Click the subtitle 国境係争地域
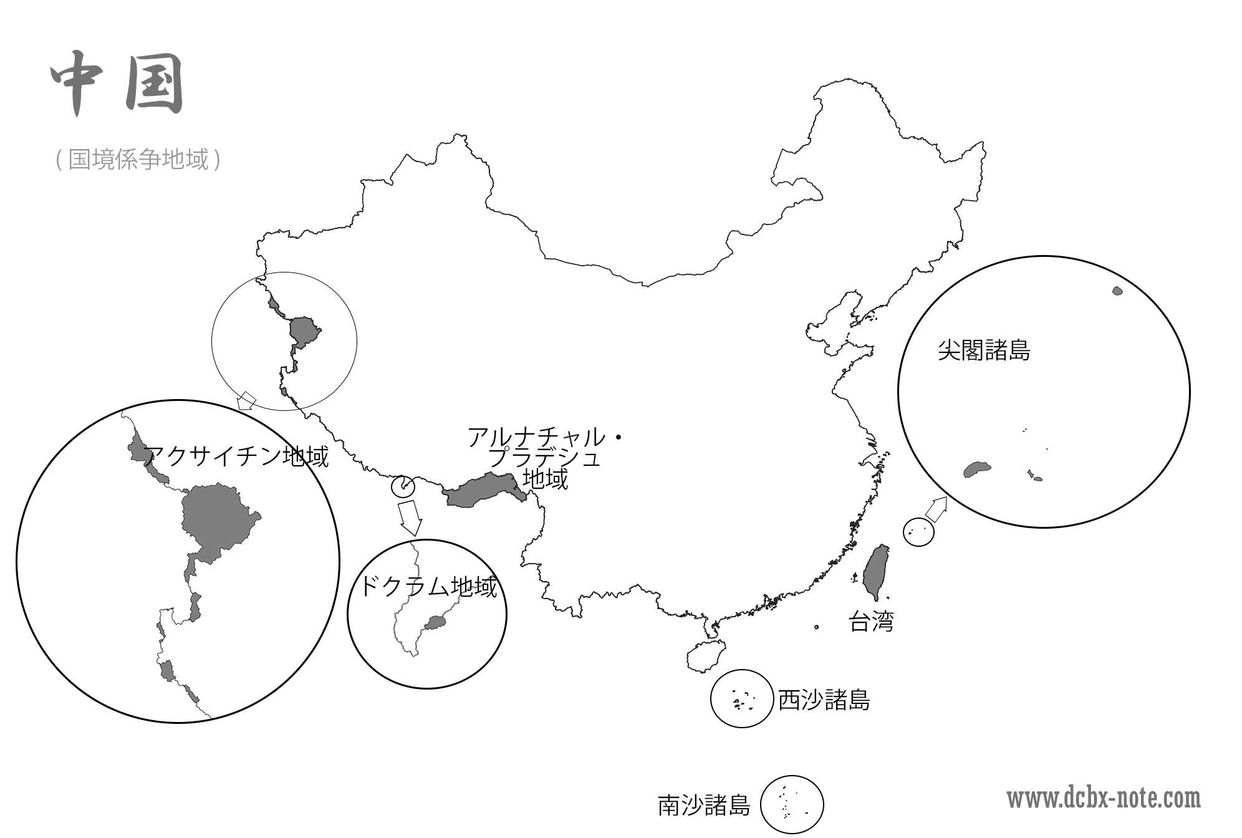pos(138,160)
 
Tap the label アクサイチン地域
pos(236,456)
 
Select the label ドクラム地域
pos(428,587)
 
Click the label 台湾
pos(871,621)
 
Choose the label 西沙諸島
pos(824,700)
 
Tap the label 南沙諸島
pos(704,805)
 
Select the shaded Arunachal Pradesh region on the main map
pos(483,491)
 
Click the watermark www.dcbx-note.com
pos(1104,799)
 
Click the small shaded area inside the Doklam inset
pos(435,622)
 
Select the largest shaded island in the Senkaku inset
pos(977,470)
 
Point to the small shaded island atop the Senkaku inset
pos(1117,291)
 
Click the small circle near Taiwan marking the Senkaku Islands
pos(919,532)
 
